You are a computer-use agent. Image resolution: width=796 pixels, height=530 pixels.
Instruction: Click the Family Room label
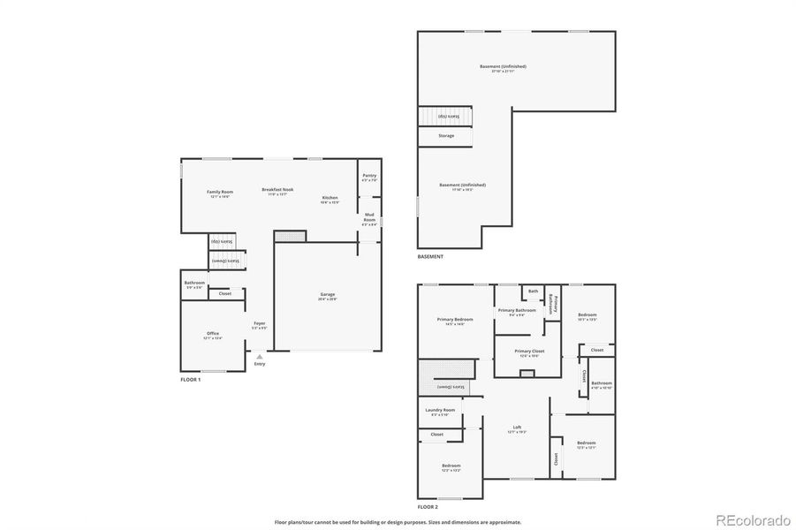point(219,192)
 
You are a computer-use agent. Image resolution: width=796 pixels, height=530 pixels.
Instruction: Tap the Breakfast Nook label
point(277,190)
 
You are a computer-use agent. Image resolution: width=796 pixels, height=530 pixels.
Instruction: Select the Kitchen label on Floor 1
point(330,197)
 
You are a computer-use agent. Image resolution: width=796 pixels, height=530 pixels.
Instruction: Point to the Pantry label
point(369,176)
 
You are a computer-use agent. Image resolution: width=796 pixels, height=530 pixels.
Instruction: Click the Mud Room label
point(369,220)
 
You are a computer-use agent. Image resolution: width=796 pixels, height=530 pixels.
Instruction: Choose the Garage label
point(327,295)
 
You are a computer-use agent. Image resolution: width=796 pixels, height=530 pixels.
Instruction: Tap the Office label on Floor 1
point(213,334)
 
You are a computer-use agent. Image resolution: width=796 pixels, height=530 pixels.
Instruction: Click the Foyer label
point(260,323)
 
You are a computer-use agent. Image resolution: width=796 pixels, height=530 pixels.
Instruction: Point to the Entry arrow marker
point(259,356)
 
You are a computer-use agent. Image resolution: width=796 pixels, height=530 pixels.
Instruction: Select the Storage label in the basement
point(447,135)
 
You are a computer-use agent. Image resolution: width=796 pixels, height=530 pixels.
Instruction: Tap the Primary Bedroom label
point(456,319)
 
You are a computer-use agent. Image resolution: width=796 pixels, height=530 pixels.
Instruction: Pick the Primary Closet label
point(530,351)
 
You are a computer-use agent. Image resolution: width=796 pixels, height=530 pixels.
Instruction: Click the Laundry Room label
point(440,410)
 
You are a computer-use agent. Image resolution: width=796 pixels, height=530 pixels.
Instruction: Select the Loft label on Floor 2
point(517,428)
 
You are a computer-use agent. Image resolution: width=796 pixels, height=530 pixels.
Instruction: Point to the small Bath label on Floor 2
point(533,291)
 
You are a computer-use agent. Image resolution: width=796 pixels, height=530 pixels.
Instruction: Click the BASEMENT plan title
point(430,256)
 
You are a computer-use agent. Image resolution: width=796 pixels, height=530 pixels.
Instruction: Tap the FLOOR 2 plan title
point(428,507)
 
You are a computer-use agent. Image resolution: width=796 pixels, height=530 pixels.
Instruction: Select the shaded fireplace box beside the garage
point(289,236)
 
